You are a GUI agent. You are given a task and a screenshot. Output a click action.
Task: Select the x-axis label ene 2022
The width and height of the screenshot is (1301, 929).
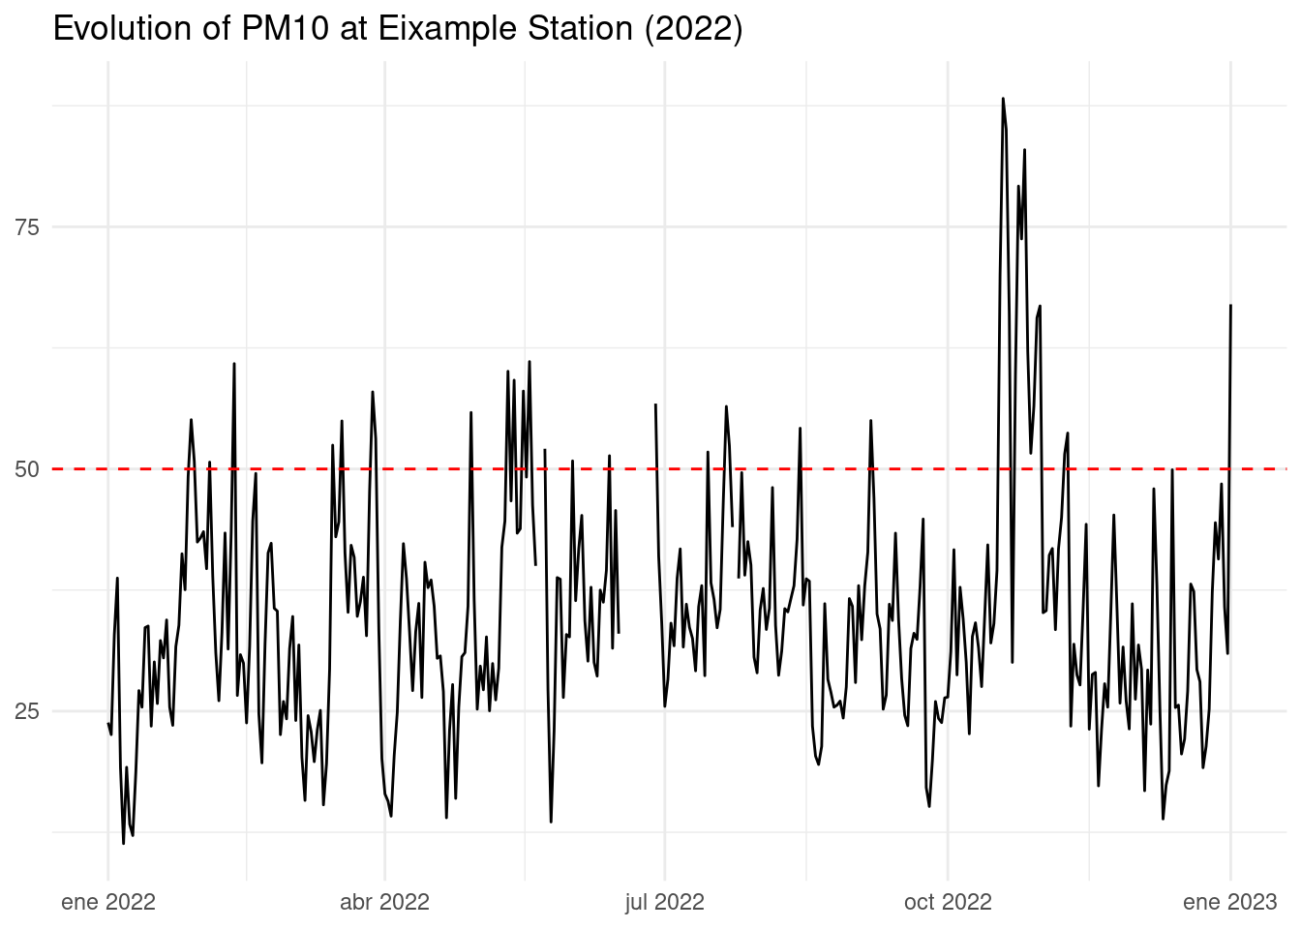107,903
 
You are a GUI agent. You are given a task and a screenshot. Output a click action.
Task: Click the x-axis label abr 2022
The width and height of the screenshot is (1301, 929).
384,903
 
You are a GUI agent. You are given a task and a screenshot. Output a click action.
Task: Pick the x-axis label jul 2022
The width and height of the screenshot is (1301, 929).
664,903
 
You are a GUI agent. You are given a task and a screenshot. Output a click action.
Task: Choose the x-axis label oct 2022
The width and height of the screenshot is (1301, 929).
948,903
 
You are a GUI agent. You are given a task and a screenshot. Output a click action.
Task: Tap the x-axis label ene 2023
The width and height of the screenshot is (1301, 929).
1230,903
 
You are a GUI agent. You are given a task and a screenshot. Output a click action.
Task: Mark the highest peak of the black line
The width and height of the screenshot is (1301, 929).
1003,98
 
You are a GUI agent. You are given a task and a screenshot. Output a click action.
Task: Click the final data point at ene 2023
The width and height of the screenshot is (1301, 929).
1230,305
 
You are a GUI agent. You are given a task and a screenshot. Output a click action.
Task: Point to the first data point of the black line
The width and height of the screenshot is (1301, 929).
107,724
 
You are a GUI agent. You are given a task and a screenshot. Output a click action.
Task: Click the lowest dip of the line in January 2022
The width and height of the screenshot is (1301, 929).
123,844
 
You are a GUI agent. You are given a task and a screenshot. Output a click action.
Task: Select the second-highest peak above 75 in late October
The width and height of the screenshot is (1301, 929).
1024,149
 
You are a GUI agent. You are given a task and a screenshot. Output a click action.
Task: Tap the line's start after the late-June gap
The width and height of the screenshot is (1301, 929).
655,405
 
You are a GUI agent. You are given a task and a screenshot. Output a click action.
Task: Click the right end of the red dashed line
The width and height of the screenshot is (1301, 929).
1286,469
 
